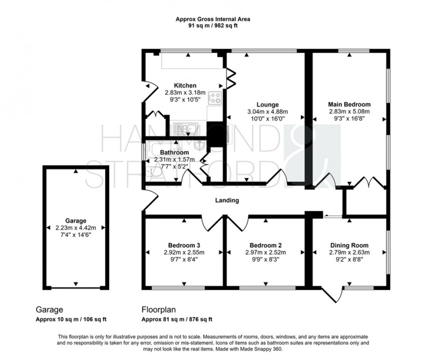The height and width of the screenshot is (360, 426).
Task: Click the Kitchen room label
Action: coord(185,86)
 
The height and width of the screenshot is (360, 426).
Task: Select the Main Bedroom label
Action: coord(349,104)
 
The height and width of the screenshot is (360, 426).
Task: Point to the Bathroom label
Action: coord(174,152)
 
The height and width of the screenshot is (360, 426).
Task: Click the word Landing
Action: coord(227,200)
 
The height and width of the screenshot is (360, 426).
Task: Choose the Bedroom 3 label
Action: coord(185,245)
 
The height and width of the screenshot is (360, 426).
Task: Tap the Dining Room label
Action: coord(349,245)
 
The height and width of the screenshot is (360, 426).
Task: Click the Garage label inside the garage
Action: coord(76,220)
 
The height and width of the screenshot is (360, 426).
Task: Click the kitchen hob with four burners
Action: coord(215,98)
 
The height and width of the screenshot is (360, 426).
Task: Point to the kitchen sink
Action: coord(185,128)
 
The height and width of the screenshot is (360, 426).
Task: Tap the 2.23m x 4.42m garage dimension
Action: coord(76,227)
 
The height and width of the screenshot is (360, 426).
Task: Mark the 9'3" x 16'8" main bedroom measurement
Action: coord(349,118)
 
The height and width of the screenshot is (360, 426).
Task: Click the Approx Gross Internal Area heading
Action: coord(213,19)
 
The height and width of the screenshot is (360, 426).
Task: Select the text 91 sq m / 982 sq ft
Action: coord(213,25)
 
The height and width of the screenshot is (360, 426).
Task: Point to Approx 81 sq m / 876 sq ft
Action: coord(177,320)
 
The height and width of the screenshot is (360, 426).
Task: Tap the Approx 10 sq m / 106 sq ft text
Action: coord(71,320)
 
